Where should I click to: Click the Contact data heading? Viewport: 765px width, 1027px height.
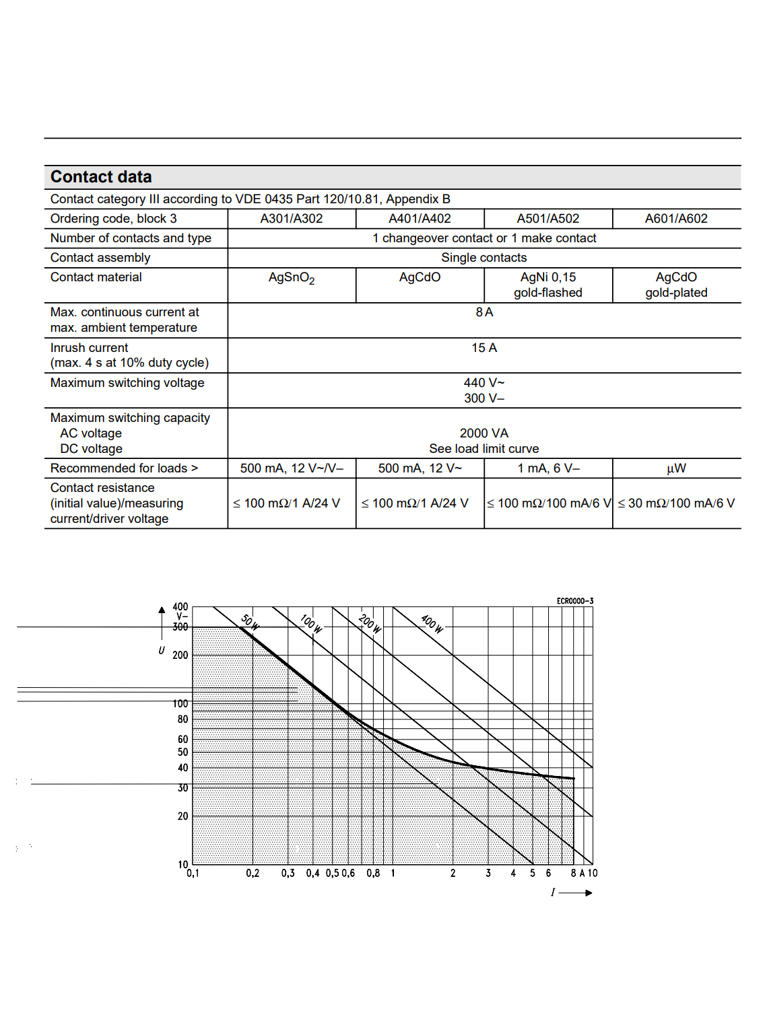[101, 177]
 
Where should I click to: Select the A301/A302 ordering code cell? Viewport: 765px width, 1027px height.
[291, 219]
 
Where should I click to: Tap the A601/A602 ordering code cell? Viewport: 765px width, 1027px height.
[676, 219]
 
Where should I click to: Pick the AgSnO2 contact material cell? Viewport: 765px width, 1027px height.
[291, 278]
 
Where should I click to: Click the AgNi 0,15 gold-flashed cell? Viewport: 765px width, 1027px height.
[547, 285]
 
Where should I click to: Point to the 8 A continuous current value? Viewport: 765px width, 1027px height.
[484, 312]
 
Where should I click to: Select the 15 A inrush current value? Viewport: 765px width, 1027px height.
[484, 348]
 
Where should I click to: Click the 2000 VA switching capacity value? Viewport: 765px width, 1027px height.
[484, 433]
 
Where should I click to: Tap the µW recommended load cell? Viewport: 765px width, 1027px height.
[676, 468]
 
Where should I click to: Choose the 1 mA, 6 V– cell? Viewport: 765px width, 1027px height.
[547, 468]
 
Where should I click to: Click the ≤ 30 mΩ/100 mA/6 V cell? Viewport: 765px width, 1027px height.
[676, 503]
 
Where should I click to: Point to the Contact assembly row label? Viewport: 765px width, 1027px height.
[100, 258]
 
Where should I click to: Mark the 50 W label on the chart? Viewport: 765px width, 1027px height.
[250, 621]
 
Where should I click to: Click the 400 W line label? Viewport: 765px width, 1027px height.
[432, 624]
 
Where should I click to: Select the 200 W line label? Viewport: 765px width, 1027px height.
[370, 623]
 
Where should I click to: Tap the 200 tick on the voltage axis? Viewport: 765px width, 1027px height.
[180, 656]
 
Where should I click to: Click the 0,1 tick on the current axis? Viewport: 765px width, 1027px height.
[193, 874]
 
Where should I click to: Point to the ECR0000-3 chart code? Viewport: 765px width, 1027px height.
[574, 601]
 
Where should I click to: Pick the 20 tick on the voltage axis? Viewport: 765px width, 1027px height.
[182, 816]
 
